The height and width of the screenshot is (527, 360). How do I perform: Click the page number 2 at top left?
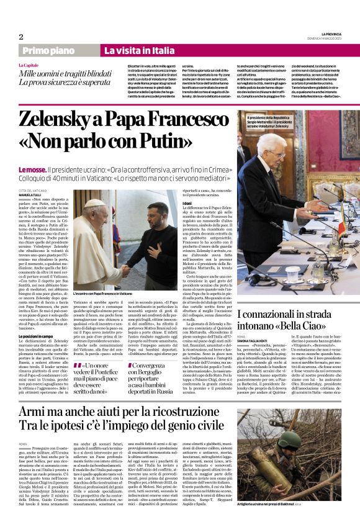point(20,37)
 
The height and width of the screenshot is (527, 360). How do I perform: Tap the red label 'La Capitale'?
point(27,65)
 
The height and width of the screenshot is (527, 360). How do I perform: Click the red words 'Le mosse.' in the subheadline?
point(36,152)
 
